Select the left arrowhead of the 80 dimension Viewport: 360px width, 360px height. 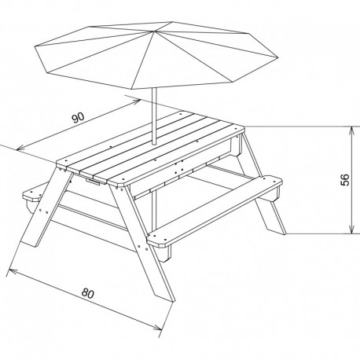[x=10, y=272]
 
